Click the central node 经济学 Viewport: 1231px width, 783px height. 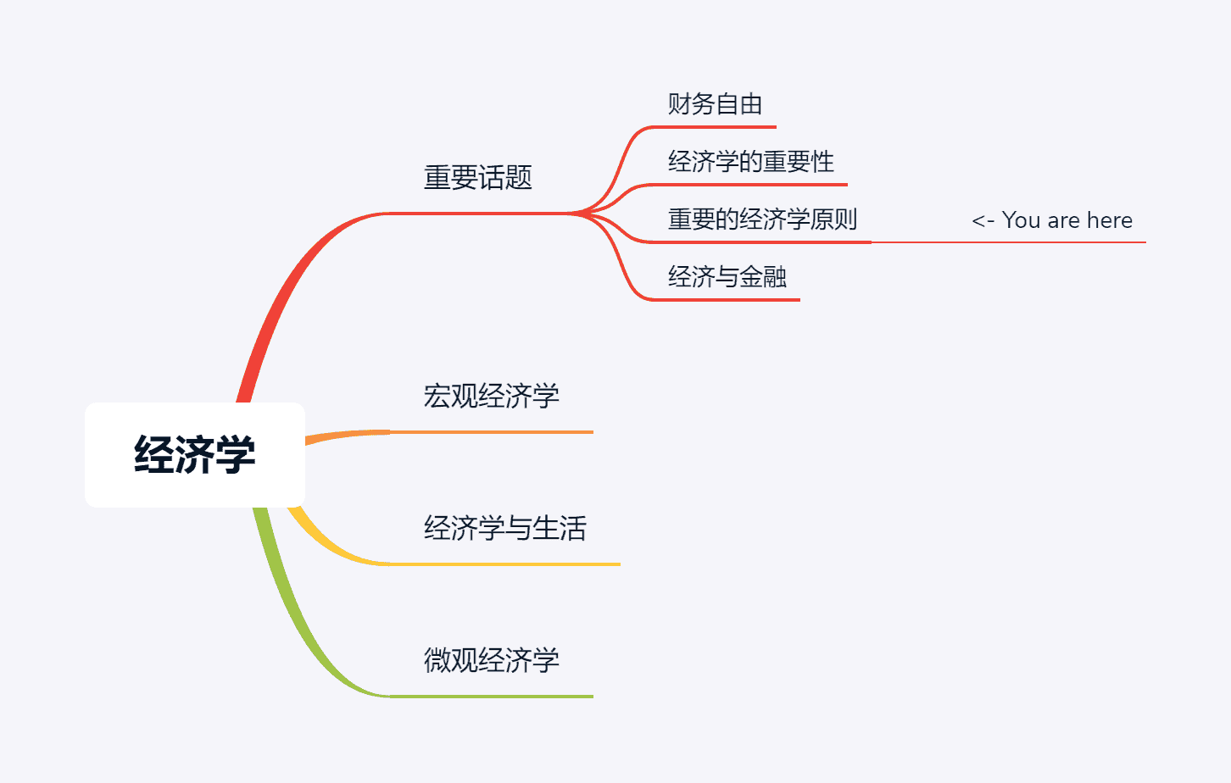click(x=195, y=455)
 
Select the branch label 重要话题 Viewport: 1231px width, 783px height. click(x=477, y=178)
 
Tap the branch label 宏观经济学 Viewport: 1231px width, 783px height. click(x=491, y=396)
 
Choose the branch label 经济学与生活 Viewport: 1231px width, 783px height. click(x=504, y=528)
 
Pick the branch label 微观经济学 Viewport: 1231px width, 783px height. click(x=491, y=660)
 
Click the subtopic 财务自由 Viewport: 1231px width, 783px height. click(x=715, y=104)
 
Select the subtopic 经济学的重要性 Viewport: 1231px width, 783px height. click(x=750, y=162)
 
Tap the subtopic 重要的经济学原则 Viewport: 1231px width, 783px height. click(x=762, y=219)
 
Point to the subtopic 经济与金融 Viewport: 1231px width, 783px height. click(x=727, y=277)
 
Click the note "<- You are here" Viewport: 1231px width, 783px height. click(x=1051, y=220)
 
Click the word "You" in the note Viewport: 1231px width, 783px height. click(x=1021, y=220)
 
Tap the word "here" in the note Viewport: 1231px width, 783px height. click(x=1109, y=220)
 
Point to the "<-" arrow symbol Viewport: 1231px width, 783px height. click(x=983, y=221)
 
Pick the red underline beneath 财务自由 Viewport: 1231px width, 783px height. click(x=721, y=127)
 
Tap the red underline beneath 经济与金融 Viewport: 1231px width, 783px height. click(x=729, y=300)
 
